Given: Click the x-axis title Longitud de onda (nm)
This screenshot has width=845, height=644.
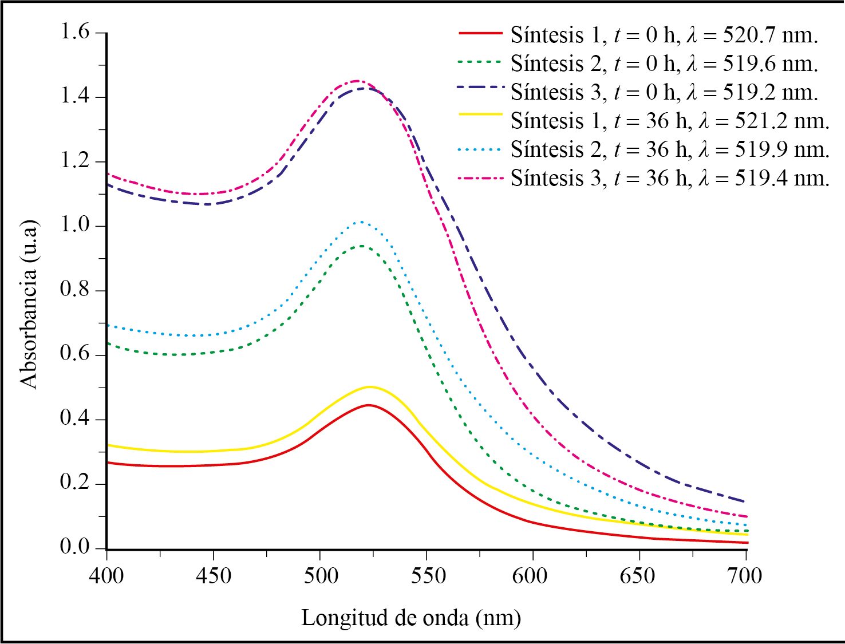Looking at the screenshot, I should [411, 618].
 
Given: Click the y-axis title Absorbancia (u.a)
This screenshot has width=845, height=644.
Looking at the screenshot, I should [29, 304].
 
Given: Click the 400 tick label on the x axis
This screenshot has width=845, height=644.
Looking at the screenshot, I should [106, 575].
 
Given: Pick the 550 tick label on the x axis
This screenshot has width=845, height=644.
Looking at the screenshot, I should [427, 575].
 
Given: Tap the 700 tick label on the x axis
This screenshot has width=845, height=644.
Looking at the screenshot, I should [745, 575].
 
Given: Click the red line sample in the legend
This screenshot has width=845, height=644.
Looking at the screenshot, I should [480, 34].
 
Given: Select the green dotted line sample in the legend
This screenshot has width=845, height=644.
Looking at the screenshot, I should [480, 62].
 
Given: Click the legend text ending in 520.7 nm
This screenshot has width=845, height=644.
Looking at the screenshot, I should [664, 35].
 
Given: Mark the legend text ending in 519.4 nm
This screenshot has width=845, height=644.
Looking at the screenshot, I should [670, 179].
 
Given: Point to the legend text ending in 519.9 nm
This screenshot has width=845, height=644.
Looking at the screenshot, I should [670, 150].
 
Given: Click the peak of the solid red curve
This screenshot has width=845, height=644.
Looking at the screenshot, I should [368, 405].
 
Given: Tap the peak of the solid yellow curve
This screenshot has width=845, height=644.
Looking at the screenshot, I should [369, 387].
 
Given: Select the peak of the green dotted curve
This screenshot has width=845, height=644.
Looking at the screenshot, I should [362, 246].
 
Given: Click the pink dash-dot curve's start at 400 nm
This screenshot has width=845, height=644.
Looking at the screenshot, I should [108, 173].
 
